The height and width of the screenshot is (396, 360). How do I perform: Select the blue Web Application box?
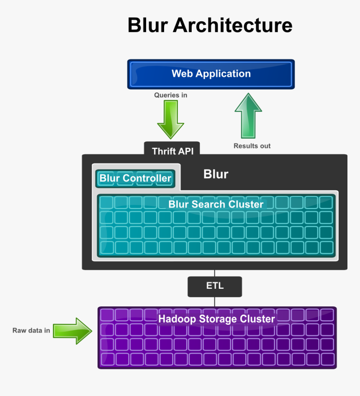coord(211,74)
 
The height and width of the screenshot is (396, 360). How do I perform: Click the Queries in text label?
coord(170,95)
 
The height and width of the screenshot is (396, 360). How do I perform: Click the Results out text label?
coord(252,146)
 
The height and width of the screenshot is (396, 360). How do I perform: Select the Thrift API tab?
coord(172,150)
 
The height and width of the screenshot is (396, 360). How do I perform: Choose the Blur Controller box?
coord(135,179)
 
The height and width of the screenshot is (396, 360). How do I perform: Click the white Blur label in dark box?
coord(216,174)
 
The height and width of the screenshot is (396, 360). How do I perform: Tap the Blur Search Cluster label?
coord(216,204)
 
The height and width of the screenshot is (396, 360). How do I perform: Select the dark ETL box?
coord(215,286)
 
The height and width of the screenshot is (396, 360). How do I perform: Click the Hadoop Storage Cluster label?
coord(216,319)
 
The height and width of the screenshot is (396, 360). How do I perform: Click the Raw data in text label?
coord(31,331)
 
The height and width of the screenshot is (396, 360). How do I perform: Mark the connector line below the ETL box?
coord(215,302)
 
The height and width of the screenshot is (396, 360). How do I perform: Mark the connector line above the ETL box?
coord(215,273)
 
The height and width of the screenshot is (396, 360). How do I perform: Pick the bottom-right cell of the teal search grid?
coord(326,247)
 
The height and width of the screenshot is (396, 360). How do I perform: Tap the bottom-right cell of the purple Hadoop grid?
coord(327,359)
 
